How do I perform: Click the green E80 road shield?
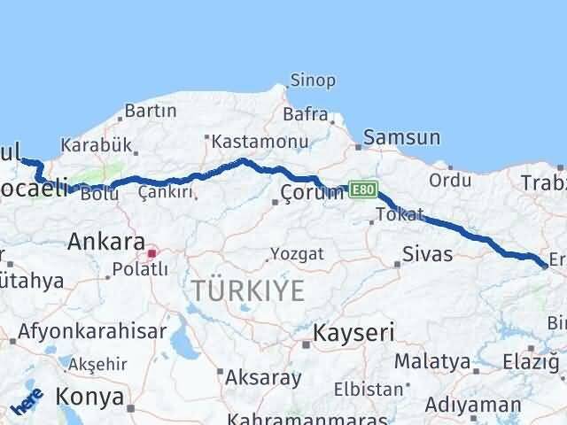coord(363,189)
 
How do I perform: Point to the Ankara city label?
coord(106,241)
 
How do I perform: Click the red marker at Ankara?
coord(151,253)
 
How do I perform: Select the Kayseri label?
coord(346,334)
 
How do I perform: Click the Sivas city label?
coord(427,255)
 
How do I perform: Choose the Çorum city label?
coord(311,193)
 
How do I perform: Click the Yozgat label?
coord(297,254)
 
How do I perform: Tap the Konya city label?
coord(92,398)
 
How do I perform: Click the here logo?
coord(27,400)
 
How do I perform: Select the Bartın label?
coord(151,112)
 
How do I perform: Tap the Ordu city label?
coord(450,181)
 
